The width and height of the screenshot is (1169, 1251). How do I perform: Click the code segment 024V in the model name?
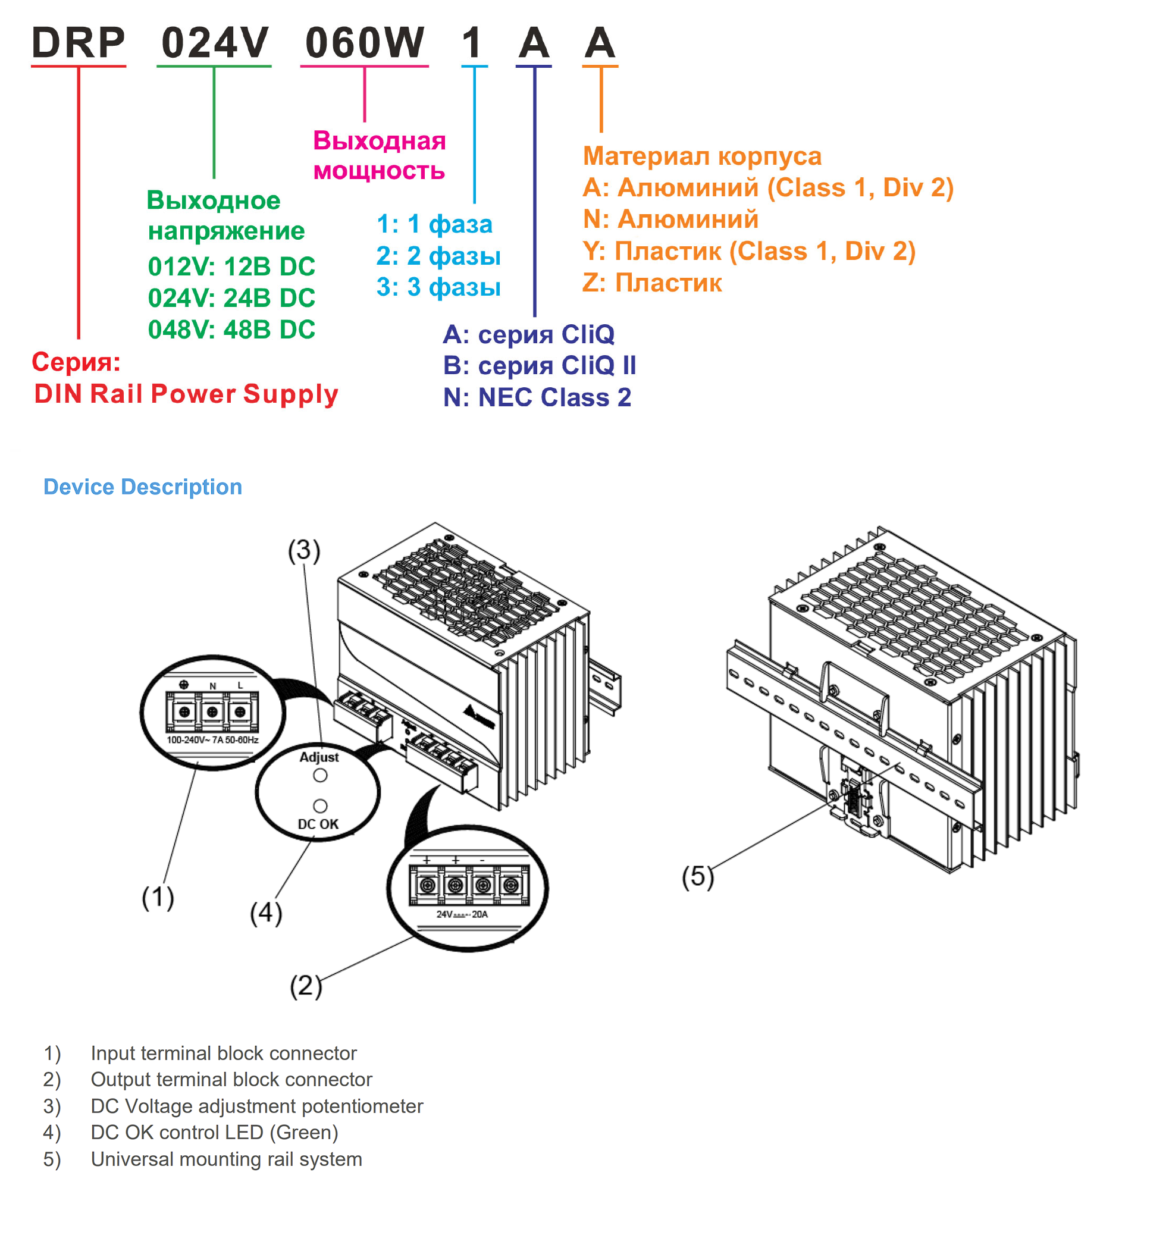point(215,43)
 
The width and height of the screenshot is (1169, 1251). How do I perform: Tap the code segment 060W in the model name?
point(364,43)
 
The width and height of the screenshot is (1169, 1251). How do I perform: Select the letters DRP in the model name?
point(79,43)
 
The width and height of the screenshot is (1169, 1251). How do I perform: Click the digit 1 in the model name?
point(471,43)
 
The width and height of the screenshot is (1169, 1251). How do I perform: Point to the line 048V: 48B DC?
point(231,330)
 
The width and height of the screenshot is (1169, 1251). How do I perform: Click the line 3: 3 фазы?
point(438,287)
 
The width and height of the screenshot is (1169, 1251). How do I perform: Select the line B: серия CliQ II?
point(539,366)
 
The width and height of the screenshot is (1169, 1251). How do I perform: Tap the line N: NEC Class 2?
point(537,397)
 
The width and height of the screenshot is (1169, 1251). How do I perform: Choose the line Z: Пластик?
point(652,283)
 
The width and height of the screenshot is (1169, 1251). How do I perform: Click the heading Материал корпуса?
point(702,156)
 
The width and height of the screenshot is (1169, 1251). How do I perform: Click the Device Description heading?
point(143,487)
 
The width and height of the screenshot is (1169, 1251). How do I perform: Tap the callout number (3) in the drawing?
point(305,551)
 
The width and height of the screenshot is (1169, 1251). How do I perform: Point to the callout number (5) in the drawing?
point(698,877)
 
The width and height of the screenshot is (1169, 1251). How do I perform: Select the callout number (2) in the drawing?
point(306,986)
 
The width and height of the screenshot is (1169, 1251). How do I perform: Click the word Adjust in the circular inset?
point(319,757)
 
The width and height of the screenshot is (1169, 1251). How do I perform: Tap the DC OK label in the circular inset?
point(318,824)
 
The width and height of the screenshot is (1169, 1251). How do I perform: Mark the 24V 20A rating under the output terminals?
point(462,914)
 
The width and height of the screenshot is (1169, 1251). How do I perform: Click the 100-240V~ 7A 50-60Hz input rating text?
point(212,740)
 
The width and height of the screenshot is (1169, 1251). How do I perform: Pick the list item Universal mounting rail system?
point(227,1159)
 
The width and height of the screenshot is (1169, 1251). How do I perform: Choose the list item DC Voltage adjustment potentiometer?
point(256,1106)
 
